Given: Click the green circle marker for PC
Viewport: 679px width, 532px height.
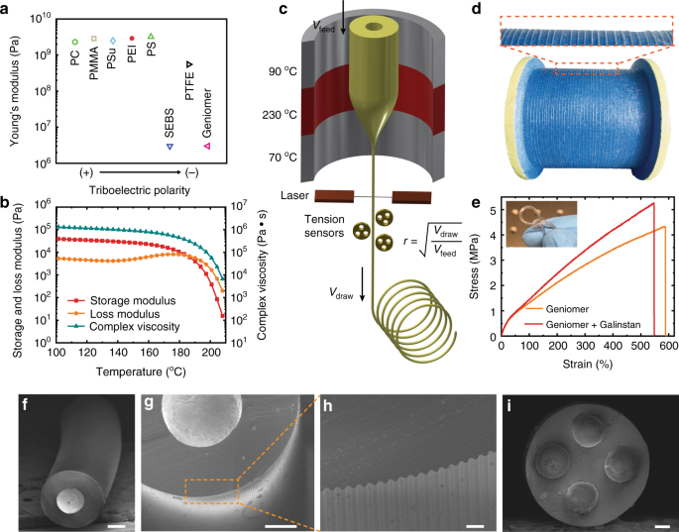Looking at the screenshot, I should [74, 42].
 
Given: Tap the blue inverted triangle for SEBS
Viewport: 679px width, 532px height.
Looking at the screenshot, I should [169, 146].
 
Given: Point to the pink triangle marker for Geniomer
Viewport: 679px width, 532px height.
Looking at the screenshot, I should [206, 146].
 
